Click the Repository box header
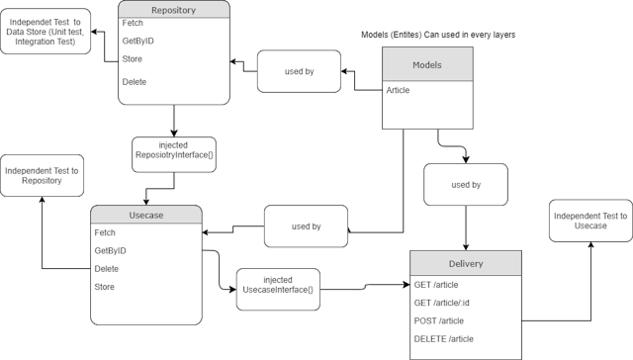click(x=173, y=11)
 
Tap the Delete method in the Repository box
click(x=134, y=81)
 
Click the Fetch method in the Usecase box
click(x=105, y=232)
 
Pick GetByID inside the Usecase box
click(x=110, y=251)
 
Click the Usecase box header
click(x=146, y=216)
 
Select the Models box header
click(x=428, y=64)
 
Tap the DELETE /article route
click(x=446, y=339)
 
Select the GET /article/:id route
click(x=447, y=303)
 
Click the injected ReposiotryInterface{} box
click(x=173, y=151)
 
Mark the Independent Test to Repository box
click(x=42, y=175)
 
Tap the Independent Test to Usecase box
click(x=589, y=221)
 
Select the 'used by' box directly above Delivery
click(x=465, y=184)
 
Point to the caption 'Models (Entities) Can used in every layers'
click(x=438, y=35)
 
